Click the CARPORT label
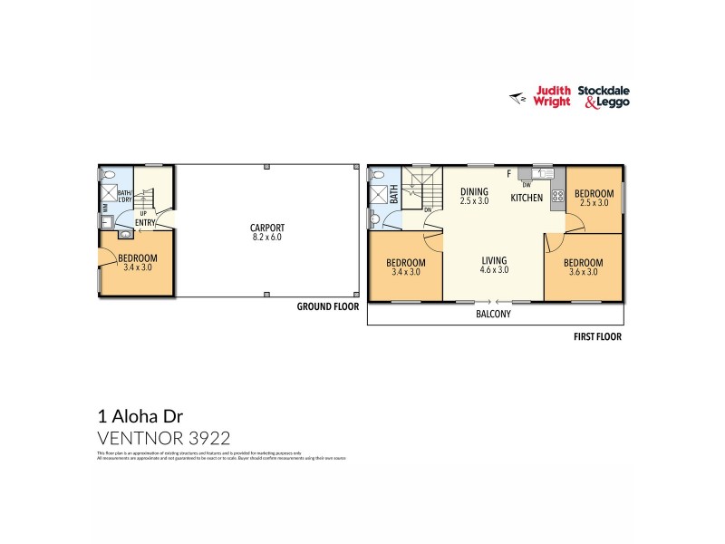tap(267, 228)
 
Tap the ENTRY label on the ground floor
tap(145, 222)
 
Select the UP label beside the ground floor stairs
tap(143, 214)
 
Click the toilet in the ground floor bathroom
tap(109, 176)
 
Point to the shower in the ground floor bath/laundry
tap(107, 195)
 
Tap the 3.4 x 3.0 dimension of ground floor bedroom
tap(137, 268)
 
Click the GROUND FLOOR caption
tap(328, 307)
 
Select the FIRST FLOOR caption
tap(596, 336)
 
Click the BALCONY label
tap(494, 315)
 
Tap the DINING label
tap(474, 191)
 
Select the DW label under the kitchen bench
tap(527, 186)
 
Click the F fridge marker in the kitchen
tap(508, 173)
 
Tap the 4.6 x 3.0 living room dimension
tap(494, 269)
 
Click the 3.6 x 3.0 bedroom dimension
tap(583, 272)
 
